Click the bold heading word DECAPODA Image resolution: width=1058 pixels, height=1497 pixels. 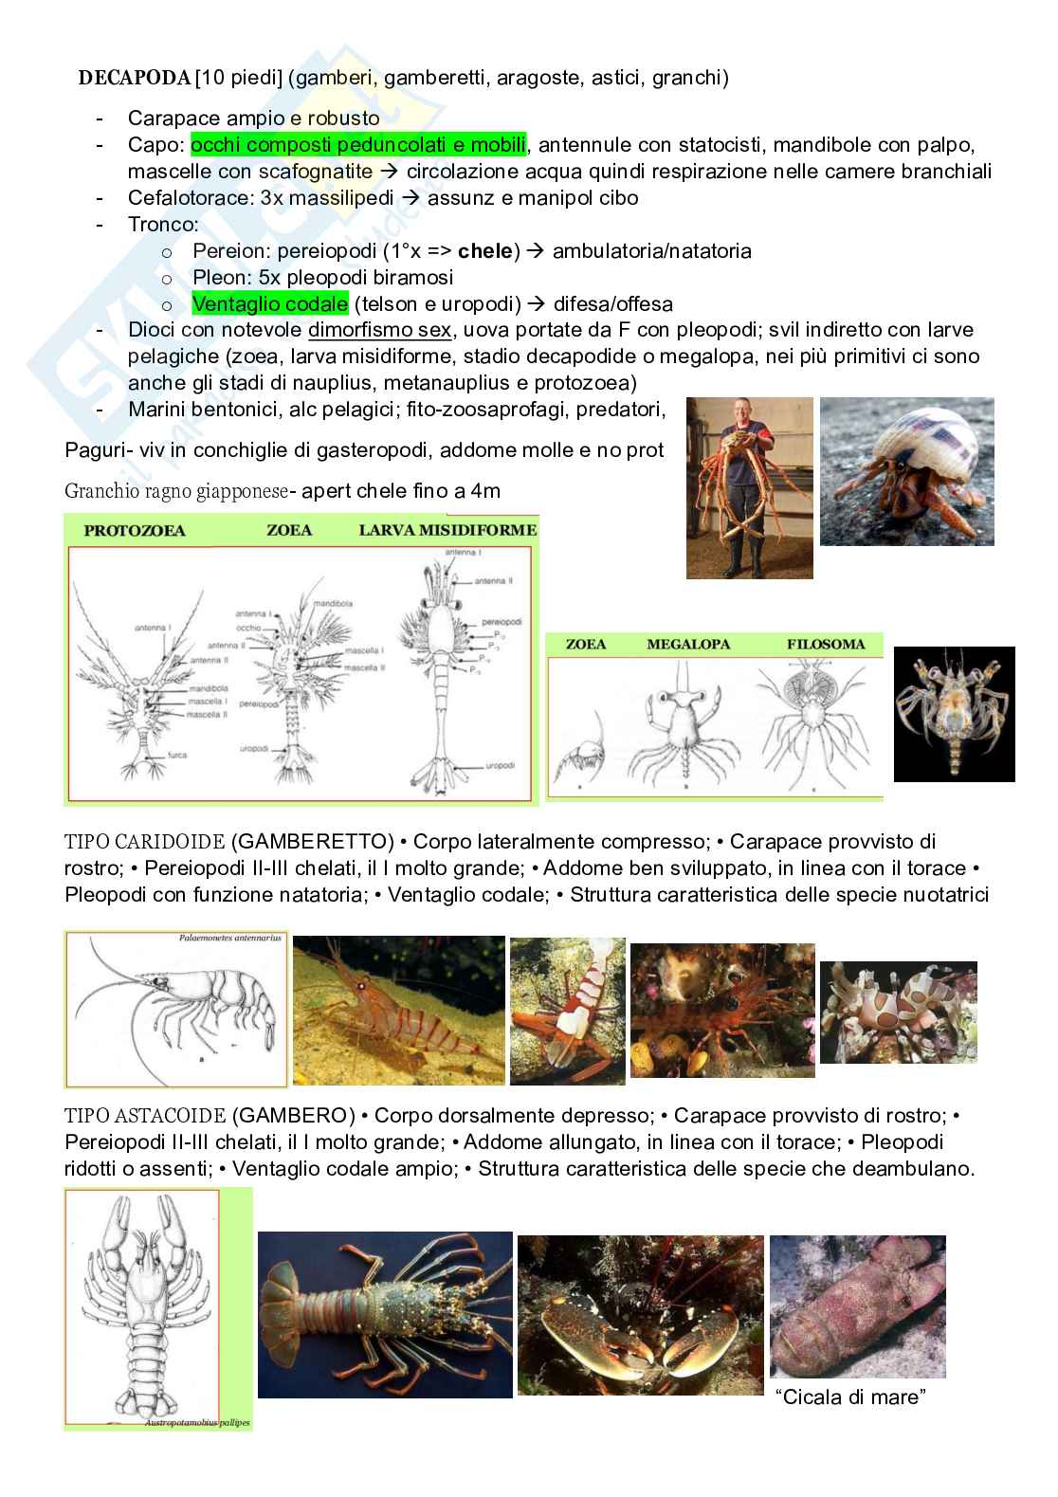[x=134, y=78]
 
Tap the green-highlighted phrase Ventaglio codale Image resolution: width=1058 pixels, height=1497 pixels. [x=269, y=304]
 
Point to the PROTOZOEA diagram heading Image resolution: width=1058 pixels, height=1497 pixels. [x=135, y=530]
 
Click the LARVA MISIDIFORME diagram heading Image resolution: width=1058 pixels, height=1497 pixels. [x=447, y=530]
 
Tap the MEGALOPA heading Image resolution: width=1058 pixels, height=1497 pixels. [x=688, y=645]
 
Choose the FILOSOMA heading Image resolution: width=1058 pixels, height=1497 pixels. [x=826, y=645]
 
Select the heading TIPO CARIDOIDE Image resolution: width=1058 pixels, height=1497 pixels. [x=144, y=842]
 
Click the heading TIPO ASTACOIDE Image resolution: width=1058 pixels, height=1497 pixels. [x=144, y=1116]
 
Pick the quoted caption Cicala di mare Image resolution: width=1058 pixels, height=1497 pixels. [x=848, y=1397]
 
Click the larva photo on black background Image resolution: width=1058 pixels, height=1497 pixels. [x=954, y=714]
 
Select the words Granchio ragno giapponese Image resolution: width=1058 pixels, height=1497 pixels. [x=176, y=491]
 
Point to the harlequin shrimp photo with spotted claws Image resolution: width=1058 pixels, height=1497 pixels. [x=898, y=1012]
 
